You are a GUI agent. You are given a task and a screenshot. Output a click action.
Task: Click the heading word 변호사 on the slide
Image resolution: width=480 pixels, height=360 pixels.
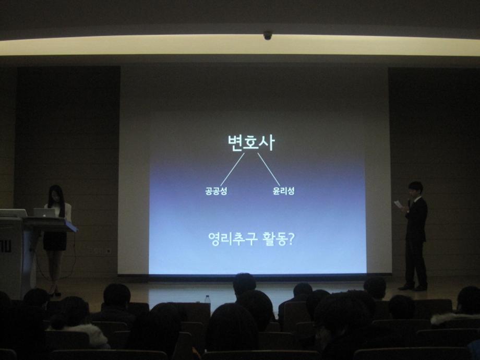250,142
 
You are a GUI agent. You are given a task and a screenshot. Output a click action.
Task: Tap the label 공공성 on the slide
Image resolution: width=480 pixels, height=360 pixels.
216,191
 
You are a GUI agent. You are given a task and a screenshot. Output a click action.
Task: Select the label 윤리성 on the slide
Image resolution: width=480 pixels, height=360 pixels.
283,191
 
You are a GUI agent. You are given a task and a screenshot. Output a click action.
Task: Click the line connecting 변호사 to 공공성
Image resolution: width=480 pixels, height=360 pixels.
232,170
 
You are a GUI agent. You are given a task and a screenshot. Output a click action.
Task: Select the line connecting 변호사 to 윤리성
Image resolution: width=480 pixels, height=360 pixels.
269,170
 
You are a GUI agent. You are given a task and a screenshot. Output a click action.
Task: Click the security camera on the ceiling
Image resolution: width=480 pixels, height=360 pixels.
268,35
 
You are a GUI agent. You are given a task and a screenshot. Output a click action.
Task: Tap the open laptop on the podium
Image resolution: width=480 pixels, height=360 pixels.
45,213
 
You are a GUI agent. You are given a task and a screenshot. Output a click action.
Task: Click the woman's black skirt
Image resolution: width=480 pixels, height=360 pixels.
54,241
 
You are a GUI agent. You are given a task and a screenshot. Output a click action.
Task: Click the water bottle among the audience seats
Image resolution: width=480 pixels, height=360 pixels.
208,299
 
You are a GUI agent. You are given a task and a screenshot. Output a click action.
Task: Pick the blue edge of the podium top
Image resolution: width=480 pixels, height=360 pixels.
70,226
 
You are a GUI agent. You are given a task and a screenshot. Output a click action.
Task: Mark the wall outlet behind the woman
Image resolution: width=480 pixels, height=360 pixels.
108,250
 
